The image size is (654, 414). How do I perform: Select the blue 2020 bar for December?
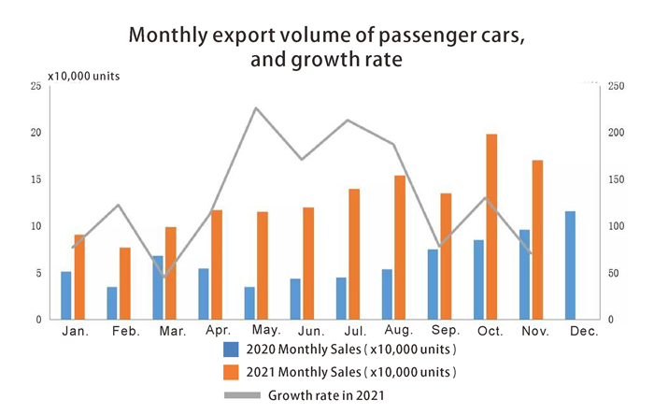(x=570, y=265)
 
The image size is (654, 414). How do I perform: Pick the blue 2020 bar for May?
(x=249, y=303)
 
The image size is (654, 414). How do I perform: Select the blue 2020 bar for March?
(x=157, y=287)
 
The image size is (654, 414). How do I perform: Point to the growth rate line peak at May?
(x=256, y=108)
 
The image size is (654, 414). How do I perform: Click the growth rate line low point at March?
(x=164, y=277)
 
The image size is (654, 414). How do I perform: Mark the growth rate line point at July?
(x=348, y=121)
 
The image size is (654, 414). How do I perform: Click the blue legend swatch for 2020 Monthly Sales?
(x=231, y=350)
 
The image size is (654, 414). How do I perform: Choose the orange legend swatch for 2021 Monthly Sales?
(x=231, y=373)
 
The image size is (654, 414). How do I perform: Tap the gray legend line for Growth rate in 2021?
(x=241, y=395)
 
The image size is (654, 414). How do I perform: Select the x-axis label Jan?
(x=74, y=332)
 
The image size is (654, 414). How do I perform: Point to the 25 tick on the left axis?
(x=35, y=86)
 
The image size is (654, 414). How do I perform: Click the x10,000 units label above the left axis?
(x=84, y=74)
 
